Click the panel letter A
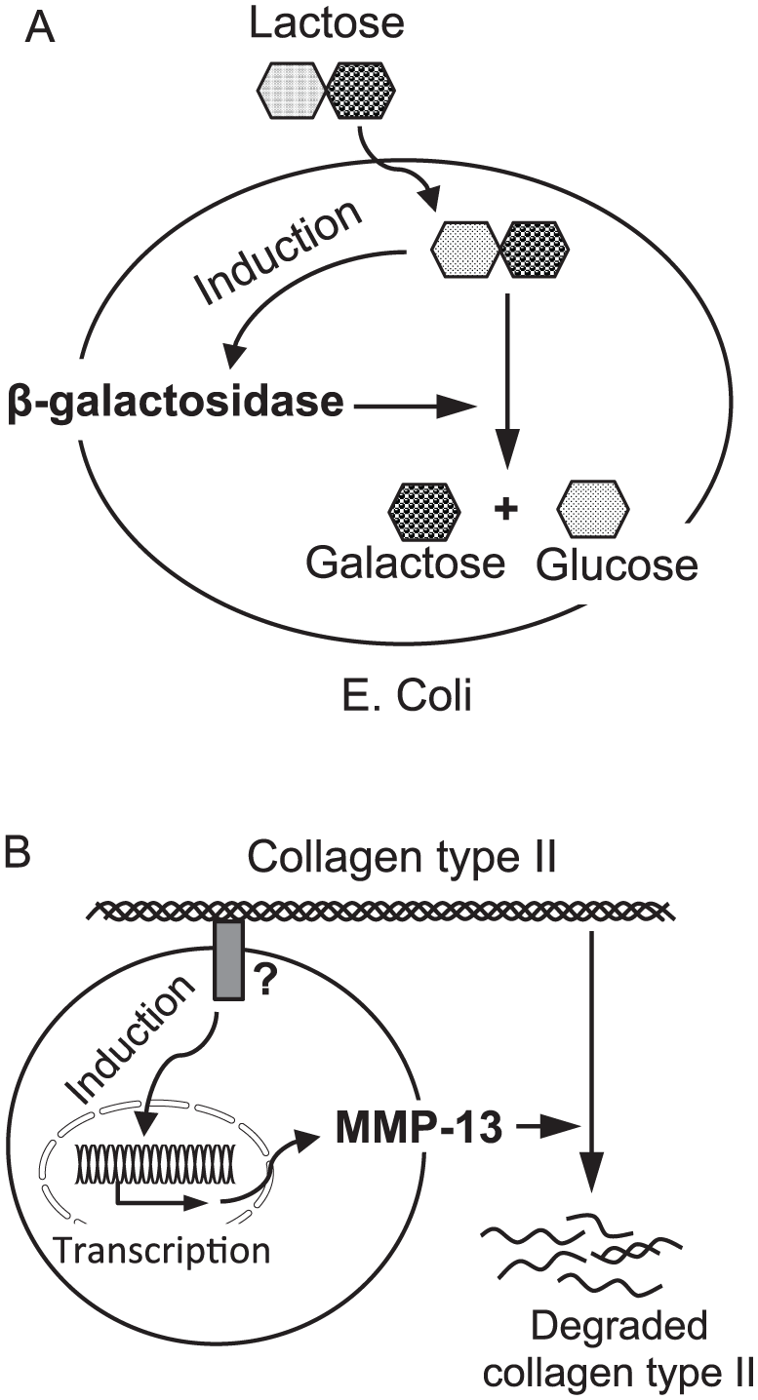(39, 27)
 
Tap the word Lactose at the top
(327, 23)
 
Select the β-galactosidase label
(176, 402)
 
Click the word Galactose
(405, 563)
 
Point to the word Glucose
(617, 565)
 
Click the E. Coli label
(407, 696)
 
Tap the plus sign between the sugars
(506, 508)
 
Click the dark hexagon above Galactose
(424, 509)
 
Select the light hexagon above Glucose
(593, 509)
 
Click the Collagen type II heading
(402, 858)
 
